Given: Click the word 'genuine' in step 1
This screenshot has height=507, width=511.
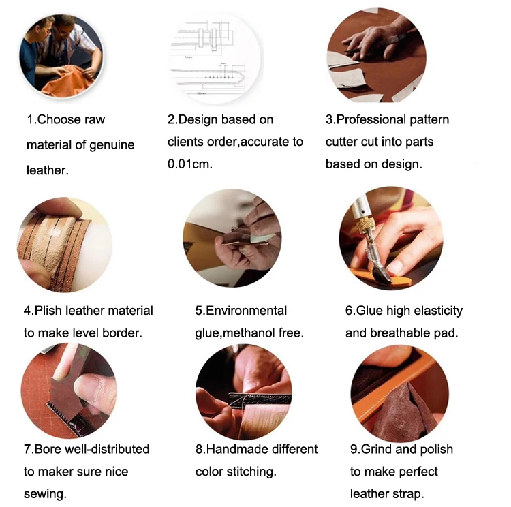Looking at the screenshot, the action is pyautogui.click(x=112, y=145).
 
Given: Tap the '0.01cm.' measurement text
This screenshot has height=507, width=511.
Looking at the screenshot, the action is pyautogui.click(x=189, y=164).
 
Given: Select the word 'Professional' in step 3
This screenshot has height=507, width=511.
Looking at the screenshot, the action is pyautogui.click(x=371, y=120).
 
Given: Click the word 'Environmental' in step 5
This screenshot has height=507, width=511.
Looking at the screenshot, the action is pyautogui.click(x=247, y=310).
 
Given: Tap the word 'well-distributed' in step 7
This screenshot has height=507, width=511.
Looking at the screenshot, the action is pyautogui.click(x=107, y=449).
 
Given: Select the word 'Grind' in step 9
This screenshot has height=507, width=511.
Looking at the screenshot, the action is pyautogui.click(x=376, y=449).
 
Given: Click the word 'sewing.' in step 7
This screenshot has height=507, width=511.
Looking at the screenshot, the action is pyautogui.click(x=45, y=494).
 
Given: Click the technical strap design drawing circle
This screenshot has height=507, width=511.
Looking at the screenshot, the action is pyautogui.click(x=215, y=58).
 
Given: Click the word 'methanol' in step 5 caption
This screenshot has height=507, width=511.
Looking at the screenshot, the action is pyautogui.click(x=249, y=333).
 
